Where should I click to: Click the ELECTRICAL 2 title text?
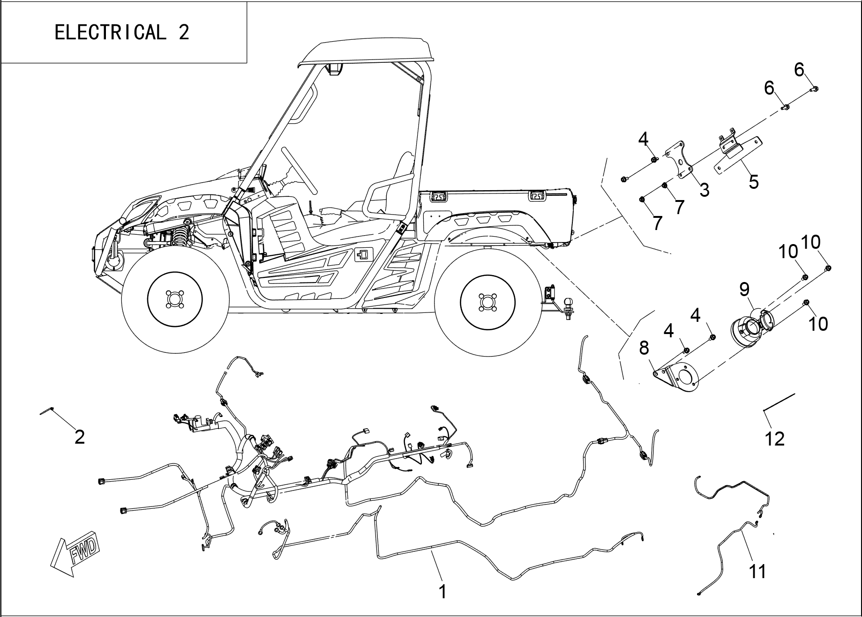(x=122, y=32)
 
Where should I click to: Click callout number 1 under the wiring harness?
(x=442, y=592)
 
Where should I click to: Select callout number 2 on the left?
(x=80, y=437)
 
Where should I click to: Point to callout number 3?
(x=704, y=190)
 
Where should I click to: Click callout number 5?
(x=753, y=182)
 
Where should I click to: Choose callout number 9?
(x=744, y=290)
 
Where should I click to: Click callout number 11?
(x=757, y=572)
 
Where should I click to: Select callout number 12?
(x=774, y=439)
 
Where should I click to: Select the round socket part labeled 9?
(x=750, y=328)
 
